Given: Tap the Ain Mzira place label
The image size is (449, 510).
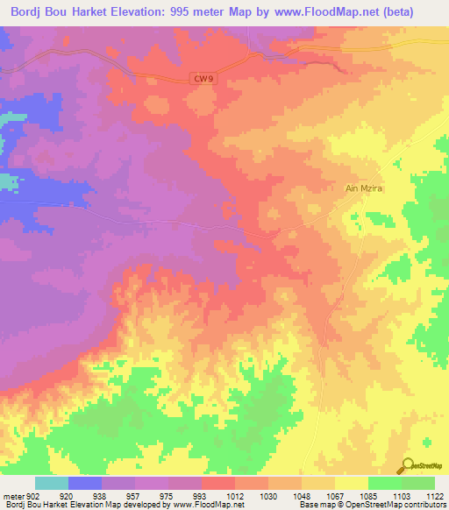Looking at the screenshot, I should click(361, 188).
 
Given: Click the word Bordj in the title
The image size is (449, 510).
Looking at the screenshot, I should click(32, 12).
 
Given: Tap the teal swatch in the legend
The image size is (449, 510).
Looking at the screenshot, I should click(52, 483).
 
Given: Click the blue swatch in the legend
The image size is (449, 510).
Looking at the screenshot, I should click(85, 483).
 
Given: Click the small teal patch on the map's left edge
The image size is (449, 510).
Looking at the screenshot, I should click(8, 182).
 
